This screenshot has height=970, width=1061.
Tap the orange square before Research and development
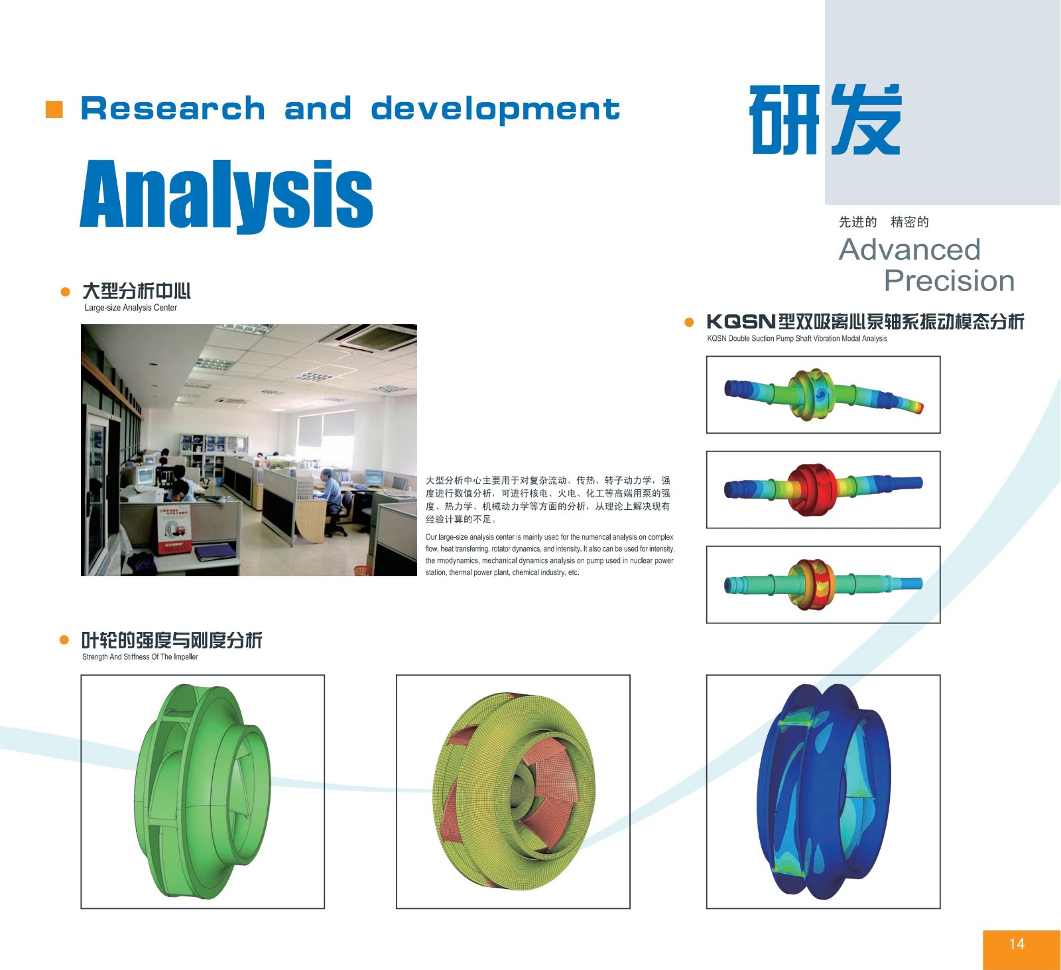(x=54, y=109)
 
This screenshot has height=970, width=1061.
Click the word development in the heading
(x=495, y=109)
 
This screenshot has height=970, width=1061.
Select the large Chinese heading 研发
(x=826, y=119)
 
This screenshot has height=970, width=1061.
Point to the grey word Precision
(x=950, y=281)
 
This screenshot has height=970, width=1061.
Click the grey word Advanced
(x=910, y=250)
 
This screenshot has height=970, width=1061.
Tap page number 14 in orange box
(x=1017, y=944)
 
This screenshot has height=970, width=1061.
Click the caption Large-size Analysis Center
(x=131, y=308)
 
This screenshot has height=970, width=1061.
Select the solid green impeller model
(x=202, y=792)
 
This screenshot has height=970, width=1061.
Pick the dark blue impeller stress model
(x=824, y=792)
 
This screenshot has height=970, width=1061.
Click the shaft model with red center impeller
(x=823, y=489)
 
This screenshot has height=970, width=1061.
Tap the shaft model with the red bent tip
(x=823, y=394)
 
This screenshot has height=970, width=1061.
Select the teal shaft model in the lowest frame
(x=823, y=584)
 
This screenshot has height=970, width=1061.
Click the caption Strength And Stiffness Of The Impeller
(x=140, y=657)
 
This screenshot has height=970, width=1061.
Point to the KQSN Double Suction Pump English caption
(x=797, y=338)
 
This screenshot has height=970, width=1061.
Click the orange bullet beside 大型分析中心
(x=65, y=292)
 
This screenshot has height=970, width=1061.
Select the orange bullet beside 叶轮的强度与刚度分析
(x=64, y=640)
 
